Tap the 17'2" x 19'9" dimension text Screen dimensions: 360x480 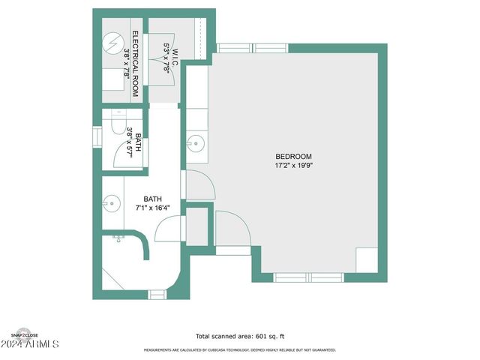point(292,166)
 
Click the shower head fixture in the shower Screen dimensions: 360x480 point(118,238)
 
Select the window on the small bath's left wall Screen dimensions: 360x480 point(97,137)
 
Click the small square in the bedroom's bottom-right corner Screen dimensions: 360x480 point(367,259)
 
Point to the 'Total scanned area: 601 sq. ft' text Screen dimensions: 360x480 point(240,337)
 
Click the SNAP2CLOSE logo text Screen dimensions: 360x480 point(23,334)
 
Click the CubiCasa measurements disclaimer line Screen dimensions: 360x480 point(240,350)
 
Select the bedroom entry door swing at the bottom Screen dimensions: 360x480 point(232,232)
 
